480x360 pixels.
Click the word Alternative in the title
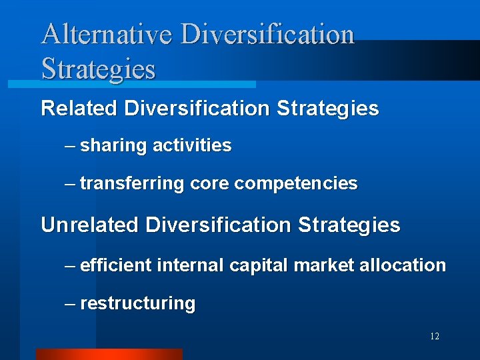[x=107, y=35]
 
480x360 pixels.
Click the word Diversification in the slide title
[x=267, y=35]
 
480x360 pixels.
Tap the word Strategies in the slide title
[x=98, y=69]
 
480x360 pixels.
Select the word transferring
[x=131, y=183]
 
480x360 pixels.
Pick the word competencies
[x=296, y=183]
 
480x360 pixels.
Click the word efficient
[x=116, y=265]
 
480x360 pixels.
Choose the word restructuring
[x=137, y=304]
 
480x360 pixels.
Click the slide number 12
[x=434, y=337]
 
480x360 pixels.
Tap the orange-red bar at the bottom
[x=109, y=354]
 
